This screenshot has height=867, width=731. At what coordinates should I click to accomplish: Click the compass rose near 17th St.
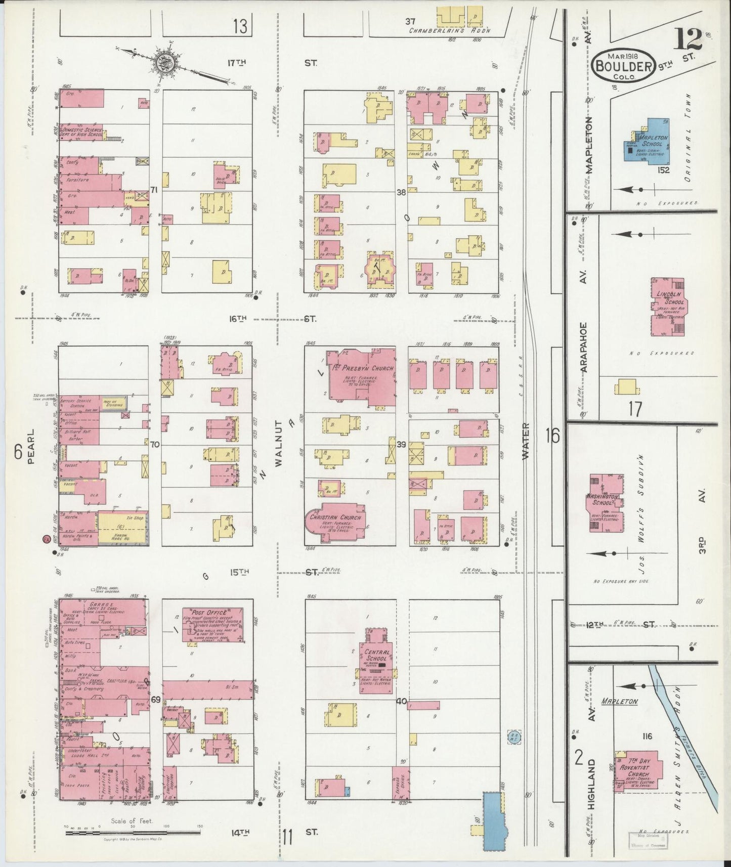(x=167, y=63)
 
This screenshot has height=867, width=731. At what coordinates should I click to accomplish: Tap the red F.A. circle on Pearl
(x=47, y=539)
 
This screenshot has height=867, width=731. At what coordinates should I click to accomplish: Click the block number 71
(x=154, y=190)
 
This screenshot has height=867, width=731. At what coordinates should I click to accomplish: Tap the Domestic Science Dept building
(x=81, y=132)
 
